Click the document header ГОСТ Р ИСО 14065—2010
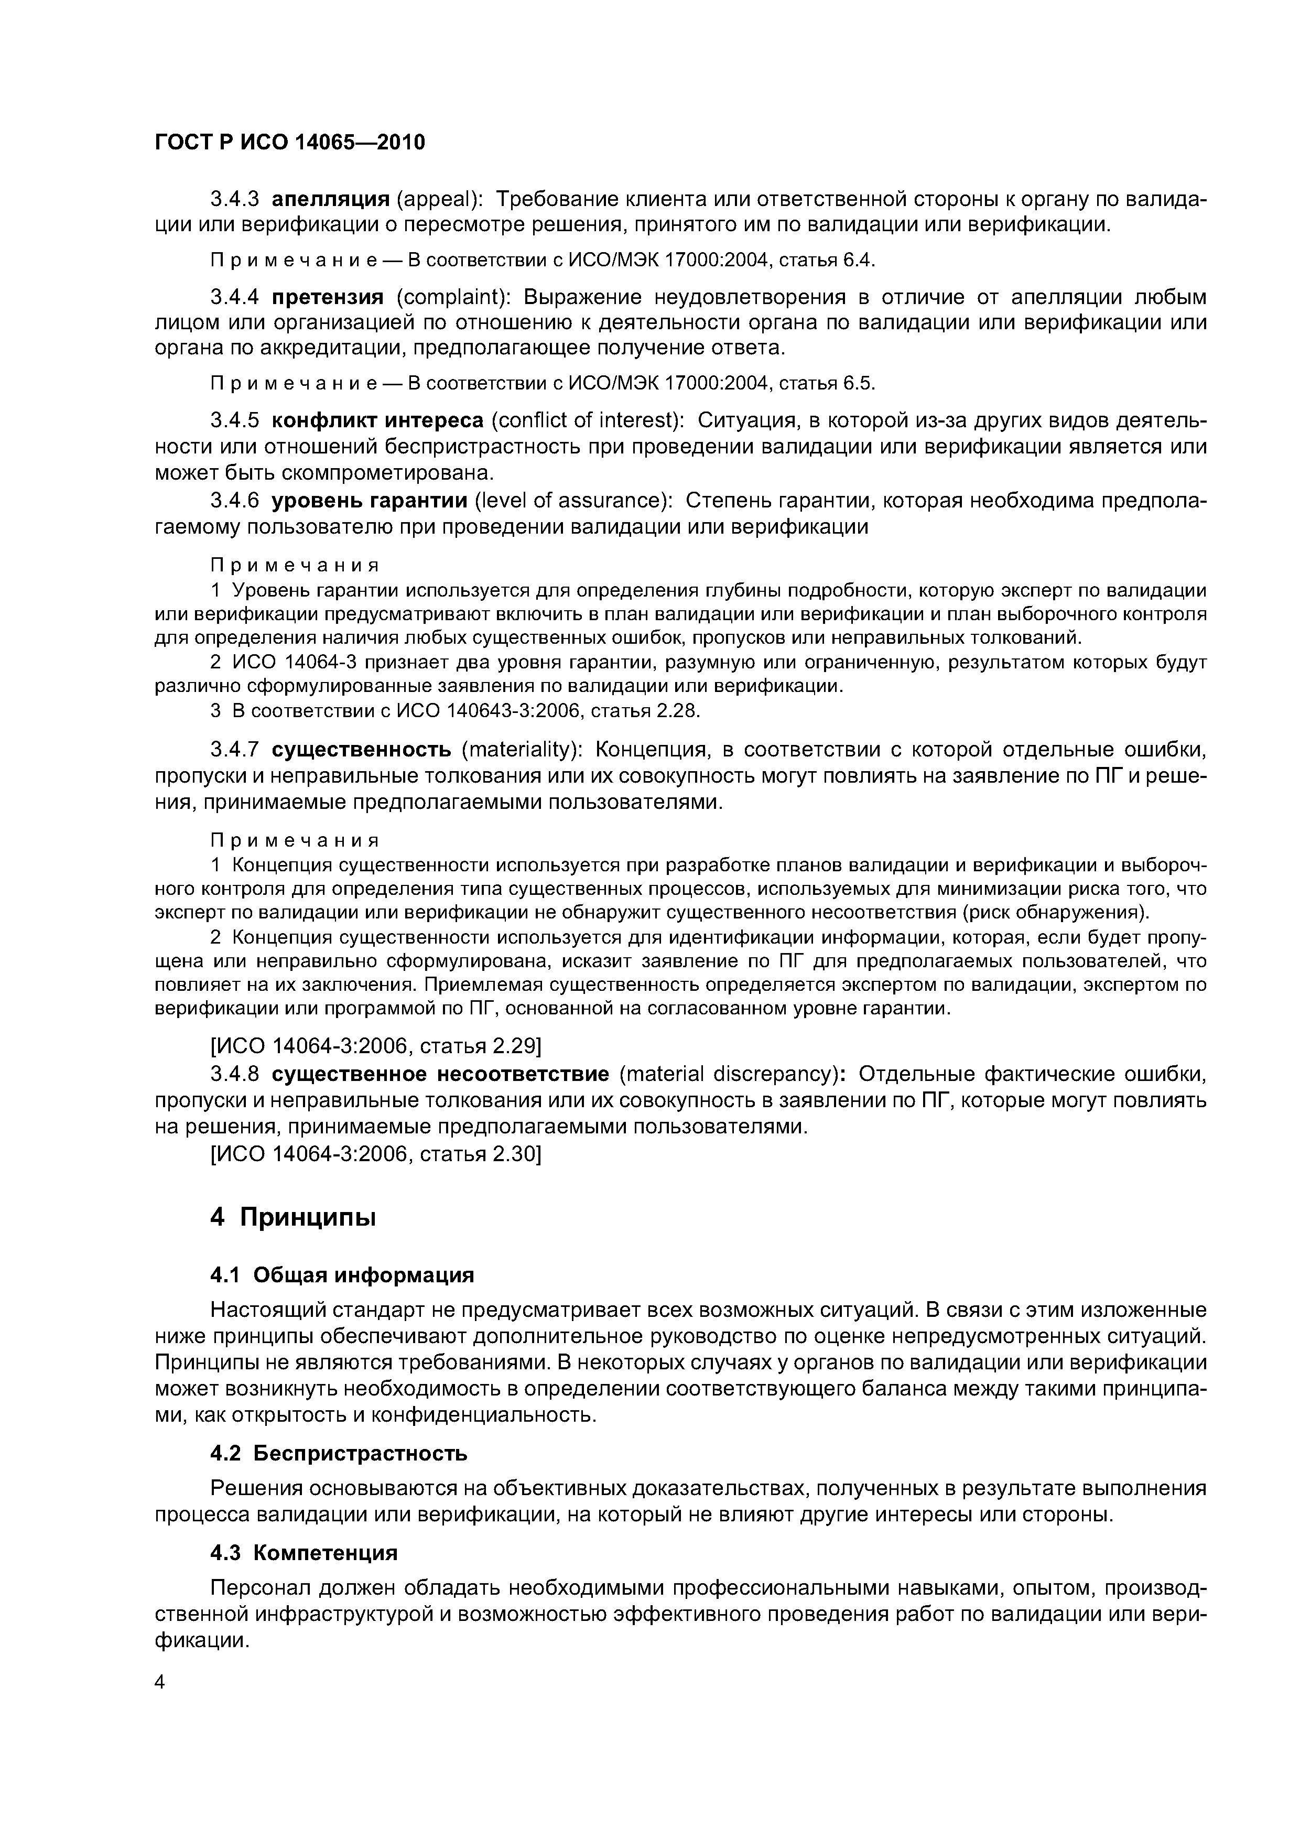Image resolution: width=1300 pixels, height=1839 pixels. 289,143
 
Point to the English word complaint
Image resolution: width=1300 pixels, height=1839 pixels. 452,297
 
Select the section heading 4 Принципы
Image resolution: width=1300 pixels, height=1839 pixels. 292,1218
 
